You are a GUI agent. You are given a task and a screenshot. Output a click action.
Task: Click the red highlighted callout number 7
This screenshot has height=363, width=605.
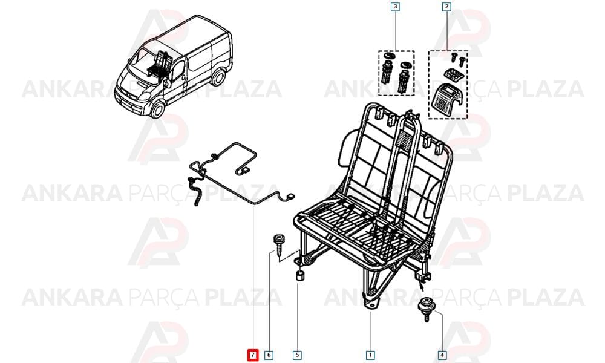pos(253,355)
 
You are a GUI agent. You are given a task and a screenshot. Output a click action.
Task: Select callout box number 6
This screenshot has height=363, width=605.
pos(269,355)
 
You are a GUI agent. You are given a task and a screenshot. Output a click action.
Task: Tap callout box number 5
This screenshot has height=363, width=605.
pos(297,355)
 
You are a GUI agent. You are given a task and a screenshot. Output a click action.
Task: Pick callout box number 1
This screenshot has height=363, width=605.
pos(370,355)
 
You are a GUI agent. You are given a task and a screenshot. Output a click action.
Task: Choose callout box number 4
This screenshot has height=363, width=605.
pos(443,355)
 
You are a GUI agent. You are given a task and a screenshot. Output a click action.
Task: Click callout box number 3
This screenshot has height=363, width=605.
pos(396,7)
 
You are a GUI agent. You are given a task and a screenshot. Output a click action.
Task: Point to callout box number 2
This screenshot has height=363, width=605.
pos(446,7)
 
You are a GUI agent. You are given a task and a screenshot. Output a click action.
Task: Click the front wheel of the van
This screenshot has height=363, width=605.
pos(157,109)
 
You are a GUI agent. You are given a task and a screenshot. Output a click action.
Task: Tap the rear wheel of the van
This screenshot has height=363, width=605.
pos(218,77)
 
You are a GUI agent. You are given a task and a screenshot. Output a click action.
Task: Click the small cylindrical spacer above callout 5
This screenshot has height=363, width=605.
pos(300,276)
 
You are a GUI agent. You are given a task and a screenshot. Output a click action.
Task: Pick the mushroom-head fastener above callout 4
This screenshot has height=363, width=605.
pos(426,309)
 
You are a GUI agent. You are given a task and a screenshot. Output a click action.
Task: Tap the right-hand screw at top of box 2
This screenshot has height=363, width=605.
pos(462,61)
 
